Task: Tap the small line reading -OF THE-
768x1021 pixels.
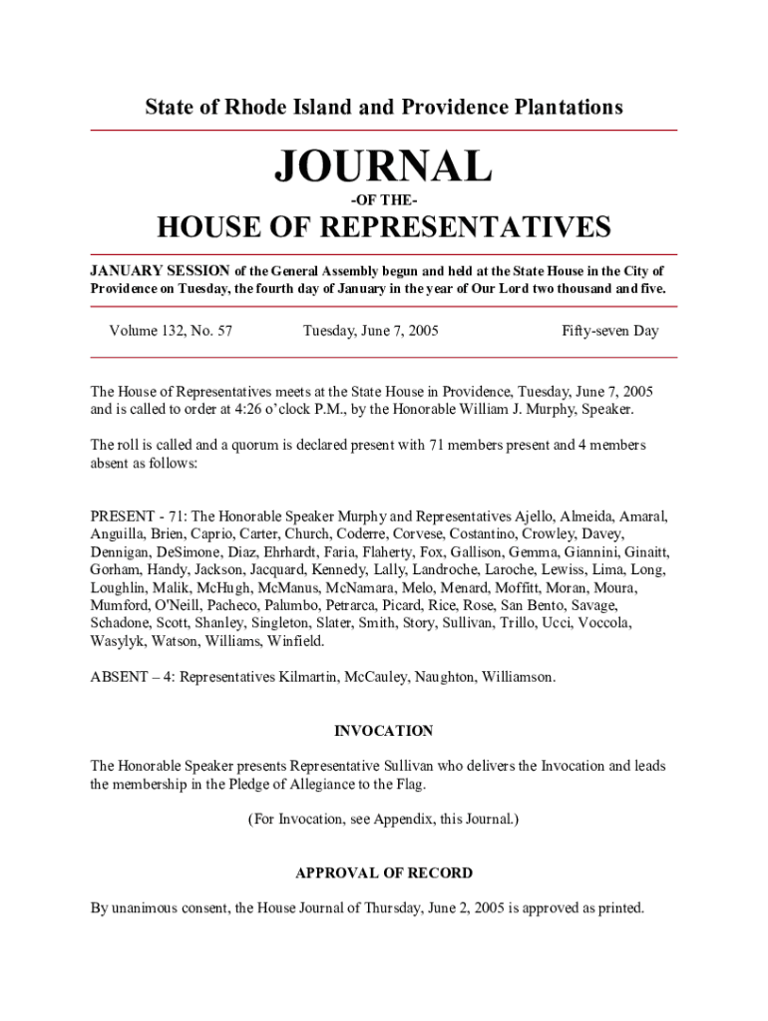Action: tap(384, 199)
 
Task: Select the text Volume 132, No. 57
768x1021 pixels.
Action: tap(172, 330)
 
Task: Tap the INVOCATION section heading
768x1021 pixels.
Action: tap(384, 731)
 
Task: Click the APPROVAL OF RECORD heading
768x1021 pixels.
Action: tap(384, 872)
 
